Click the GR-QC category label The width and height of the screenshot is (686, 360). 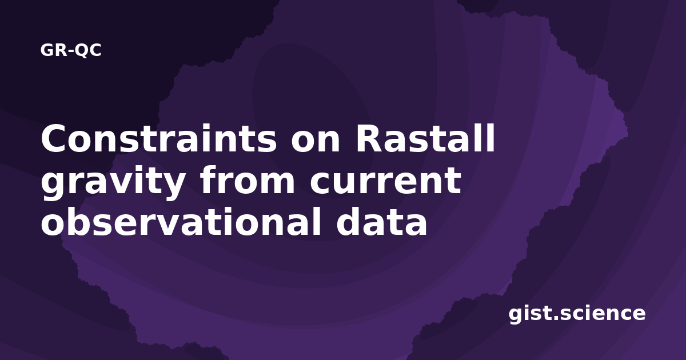71,50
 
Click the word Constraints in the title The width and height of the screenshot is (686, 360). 159,138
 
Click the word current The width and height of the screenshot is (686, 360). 385,180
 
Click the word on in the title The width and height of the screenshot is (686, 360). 316,142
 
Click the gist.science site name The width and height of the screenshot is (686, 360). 577,314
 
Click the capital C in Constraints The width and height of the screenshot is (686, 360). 54,138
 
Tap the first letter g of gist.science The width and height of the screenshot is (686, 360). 516,315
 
